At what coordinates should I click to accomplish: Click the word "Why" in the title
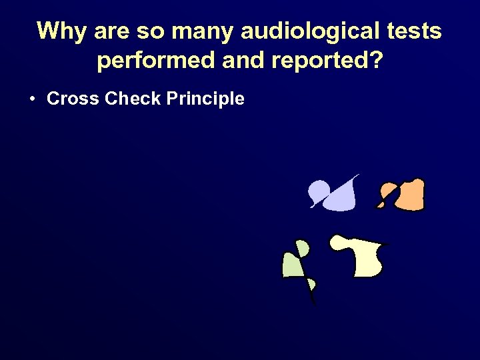[x=59, y=31]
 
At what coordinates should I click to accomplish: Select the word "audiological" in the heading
[x=290, y=31]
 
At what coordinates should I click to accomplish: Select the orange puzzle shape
[x=407, y=195]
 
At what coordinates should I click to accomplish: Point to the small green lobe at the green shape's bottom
[x=311, y=286]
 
